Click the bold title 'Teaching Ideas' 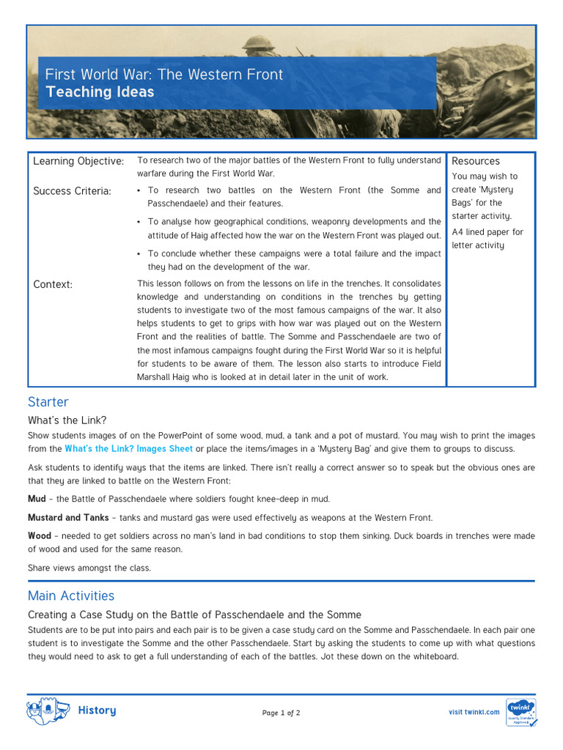tap(100, 92)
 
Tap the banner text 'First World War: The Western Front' tap(163, 74)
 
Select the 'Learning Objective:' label tap(78, 161)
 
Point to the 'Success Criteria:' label tap(72, 191)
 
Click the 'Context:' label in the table tap(53, 284)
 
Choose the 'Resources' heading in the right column tap(475, 161)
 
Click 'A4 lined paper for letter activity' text tap(487, 239)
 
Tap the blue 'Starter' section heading tap(48, 402)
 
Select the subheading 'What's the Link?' tap(67, 420)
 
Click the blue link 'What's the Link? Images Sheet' tap(128, 449)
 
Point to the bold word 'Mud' tap(37, 499)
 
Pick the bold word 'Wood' tap(40, 536)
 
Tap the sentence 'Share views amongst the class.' tap(89, 568)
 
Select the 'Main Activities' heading tap(71, 595)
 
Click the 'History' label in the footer tap(97, 710)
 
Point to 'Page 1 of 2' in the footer tap(281, 713)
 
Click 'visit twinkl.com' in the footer tap(474, 712)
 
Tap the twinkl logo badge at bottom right tap(520, 712)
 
